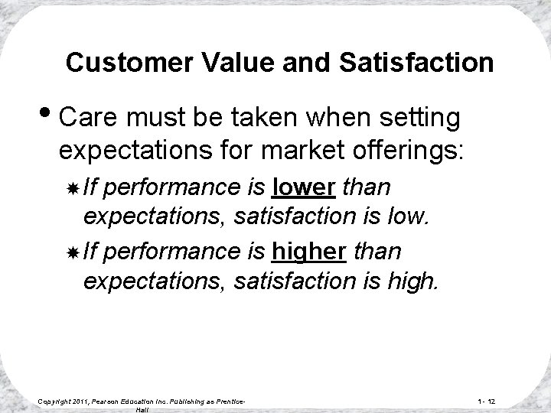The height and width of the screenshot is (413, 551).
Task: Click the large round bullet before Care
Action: [x=45, y=118]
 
